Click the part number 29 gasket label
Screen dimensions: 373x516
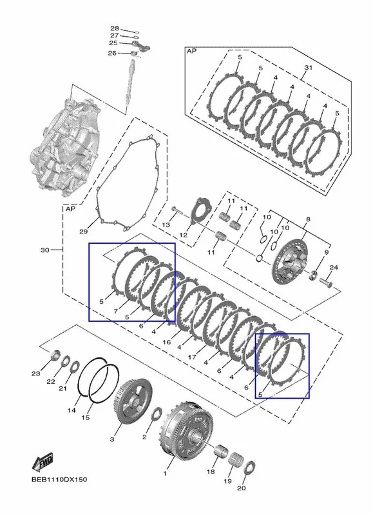(84, 232)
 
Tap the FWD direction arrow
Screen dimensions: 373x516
(43, 461)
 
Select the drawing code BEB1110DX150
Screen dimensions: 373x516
(59, 479)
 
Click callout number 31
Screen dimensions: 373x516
(308, 68)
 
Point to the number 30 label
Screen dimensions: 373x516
(45, 250)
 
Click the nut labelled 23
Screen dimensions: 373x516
(55, 355)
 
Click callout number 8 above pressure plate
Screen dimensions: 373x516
(308, 219)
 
